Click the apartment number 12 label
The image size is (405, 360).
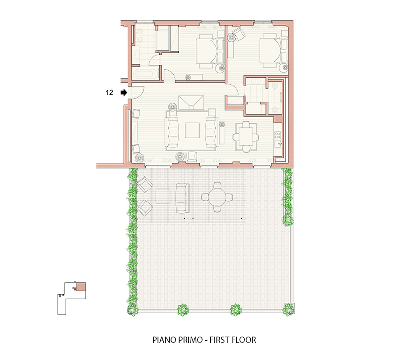click(x=109, y=92)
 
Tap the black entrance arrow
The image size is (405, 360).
click(x=124, y=92)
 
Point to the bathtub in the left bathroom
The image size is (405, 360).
click(x=146, y=74)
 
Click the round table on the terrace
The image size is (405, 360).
click(x=217, y=197)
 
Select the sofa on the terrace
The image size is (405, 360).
click(x=182, y=198)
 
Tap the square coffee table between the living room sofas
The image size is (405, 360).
click(x=193, y=130)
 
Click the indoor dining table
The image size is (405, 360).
click(x=246, y=137)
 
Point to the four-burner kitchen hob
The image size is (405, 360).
click(x=278, y=135)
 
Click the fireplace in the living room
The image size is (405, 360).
click(x=191, y=102)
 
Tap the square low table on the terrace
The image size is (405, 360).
click(x=163, y=196)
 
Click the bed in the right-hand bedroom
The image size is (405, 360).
click(x=274, y=51)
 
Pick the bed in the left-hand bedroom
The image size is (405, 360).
click(x=210, y=51)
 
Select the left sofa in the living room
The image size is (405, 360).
click(x=172, y=132)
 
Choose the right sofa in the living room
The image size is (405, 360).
click(x=212, y=132)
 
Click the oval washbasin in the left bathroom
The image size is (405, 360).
click(x=136, y=55)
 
